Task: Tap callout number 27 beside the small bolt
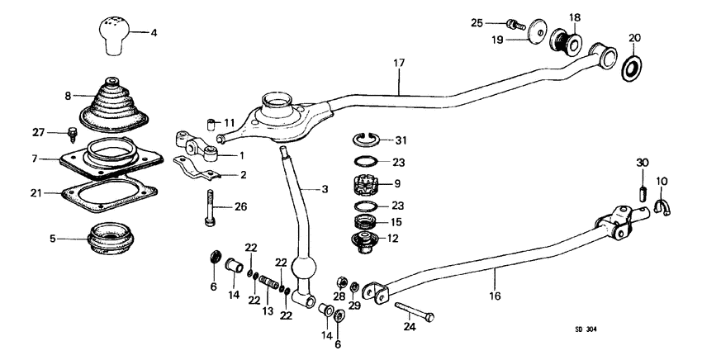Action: [38, 131]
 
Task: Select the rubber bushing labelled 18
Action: [567, 40]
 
